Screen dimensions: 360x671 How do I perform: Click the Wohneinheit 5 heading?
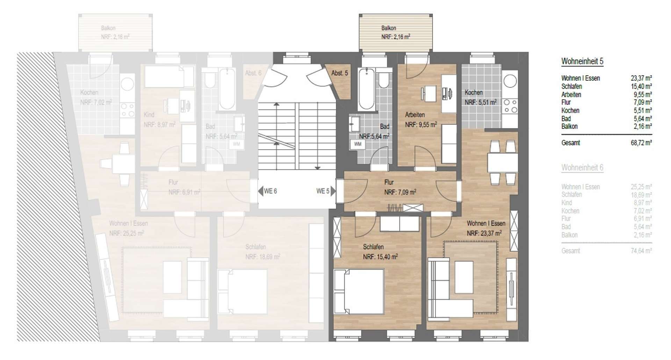[x=582, y=61]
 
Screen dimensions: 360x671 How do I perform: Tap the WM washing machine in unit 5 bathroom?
[x=358, y=144]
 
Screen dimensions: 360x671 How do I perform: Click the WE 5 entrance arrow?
[x=333, y=191]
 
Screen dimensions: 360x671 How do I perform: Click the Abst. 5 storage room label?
[x=339, y=73]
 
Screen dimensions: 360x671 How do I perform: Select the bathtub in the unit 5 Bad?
[x=366, y=89]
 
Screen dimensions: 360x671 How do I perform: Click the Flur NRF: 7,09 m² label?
[x=400, y=187]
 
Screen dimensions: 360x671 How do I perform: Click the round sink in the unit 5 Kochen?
[x=510, y=81]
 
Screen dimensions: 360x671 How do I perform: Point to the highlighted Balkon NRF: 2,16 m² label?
[x=395, y=32]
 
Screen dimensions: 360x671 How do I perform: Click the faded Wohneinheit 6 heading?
[x=582, y=167]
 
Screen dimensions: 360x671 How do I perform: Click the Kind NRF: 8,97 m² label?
[x=159, y=120]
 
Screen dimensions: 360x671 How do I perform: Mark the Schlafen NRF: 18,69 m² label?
[x=262, y=252]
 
